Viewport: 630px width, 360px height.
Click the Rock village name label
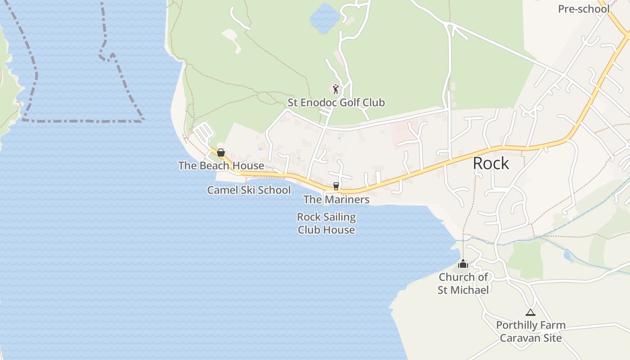click(491, 163)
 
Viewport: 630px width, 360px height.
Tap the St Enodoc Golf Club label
click(336, 103)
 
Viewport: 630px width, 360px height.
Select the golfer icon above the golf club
click(336, 89)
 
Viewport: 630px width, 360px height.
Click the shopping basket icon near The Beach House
click(221, 153)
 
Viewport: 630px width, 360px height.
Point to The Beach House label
click(221, 166)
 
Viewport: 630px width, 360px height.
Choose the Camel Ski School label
click(249, 190)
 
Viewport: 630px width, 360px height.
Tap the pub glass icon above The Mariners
click(336, 186)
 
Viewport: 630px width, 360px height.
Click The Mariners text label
click(336, 199)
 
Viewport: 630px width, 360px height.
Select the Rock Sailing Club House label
click(326, 223)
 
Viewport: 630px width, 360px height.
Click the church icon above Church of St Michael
click(463, 264)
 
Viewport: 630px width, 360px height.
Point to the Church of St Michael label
click(463, 283)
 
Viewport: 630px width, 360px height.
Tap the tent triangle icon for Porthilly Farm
click(531, 312)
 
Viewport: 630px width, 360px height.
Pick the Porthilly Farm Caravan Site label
click(531, 331)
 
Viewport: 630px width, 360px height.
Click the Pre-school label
click(584, 9)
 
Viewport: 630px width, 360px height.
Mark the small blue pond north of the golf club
click(324, 18)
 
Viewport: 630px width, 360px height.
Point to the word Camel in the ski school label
click(220, 190)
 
